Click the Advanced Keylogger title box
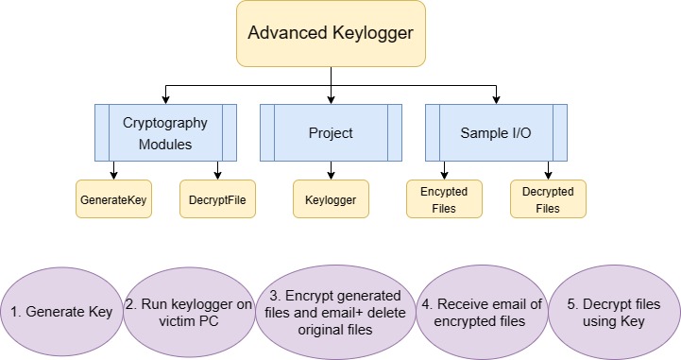point(331,34)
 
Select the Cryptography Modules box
point(165,133)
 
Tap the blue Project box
point(331,133)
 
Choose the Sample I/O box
point(496,133)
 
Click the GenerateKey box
point(113,199)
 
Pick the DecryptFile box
point(217,199)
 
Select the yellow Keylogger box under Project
point(331,199)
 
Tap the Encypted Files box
point(444,199)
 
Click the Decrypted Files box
point(548,199)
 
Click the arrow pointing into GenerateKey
point(113,171)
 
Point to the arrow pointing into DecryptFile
point(217,171)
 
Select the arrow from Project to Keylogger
point(331,171)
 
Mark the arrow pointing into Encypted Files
point(444,171)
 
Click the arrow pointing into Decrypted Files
point(548,171)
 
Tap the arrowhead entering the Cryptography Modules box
point(165,100)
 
